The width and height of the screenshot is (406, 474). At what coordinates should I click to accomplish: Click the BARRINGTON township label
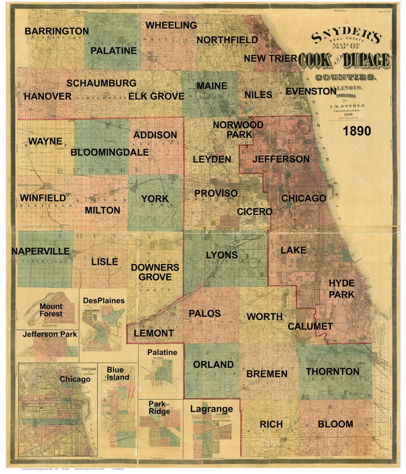coord(57,31)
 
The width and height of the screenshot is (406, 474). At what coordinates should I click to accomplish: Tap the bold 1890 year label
coord(357,131)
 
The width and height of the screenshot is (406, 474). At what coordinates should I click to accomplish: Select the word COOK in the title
coord(314,60)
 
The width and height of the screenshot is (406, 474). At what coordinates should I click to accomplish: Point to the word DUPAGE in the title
coord(366,60)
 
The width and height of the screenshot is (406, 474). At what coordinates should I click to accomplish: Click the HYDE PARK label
coord(341,289)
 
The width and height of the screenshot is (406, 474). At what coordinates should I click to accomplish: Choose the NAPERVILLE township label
coord(40,251)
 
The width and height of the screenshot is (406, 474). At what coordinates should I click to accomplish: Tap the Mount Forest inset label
coord(51,310)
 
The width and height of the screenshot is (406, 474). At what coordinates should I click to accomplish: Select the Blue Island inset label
coord(118,374)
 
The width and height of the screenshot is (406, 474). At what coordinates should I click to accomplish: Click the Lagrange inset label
coord(211,409)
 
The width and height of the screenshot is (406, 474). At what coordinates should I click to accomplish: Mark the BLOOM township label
coord(335,424)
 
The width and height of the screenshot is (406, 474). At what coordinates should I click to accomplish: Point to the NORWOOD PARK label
coord(238,129)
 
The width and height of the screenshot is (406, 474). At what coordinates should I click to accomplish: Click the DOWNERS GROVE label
coord(155,272)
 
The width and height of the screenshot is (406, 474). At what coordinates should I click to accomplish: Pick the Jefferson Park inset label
coord(50,334)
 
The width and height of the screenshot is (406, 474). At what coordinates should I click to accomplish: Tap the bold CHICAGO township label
coord(304,198)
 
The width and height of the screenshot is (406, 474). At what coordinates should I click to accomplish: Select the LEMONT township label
coord(154,333)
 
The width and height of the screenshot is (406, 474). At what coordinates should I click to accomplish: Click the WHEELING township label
coord(171,25)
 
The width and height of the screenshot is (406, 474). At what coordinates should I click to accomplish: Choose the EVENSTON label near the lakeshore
coord(311,91)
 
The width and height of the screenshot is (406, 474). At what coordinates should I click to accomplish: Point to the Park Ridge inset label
coord(159,408)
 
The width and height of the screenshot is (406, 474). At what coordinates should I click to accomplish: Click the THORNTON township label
coord(333,371)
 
